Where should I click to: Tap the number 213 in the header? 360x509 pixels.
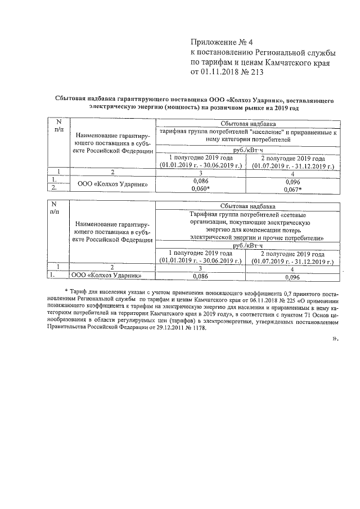pyautogui.click(x=251, y=72)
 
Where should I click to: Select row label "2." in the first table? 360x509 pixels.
pyautogui.click(x=53, y=188)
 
